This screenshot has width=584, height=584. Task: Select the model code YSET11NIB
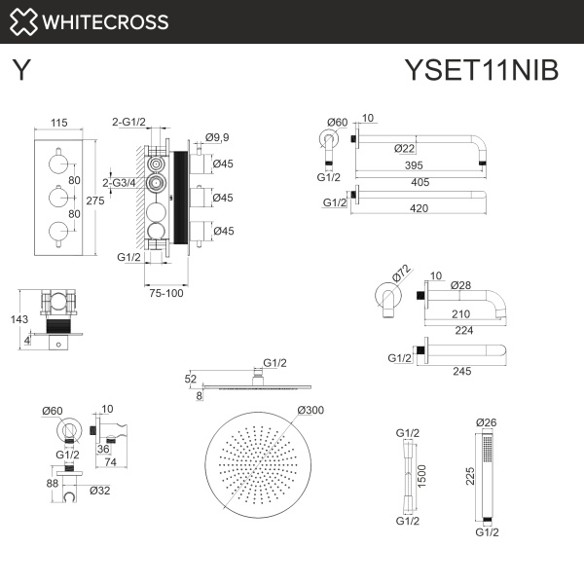(x=481, y=71)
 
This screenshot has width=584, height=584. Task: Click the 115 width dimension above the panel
(x=57, y=124)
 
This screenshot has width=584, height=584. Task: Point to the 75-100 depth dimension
(x=165, y=293)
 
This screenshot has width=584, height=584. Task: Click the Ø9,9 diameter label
(x=218, y=137)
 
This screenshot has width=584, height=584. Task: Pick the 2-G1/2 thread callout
(x=128, y=123)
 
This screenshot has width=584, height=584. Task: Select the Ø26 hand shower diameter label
(x=486, y=422)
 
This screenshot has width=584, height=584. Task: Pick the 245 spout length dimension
(x=463, y=370)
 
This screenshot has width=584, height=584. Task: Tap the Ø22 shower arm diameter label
(x=406, y=148)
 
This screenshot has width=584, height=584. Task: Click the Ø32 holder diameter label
(x=98, y=491)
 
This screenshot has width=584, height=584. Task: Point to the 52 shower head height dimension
(x=190, y=379)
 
